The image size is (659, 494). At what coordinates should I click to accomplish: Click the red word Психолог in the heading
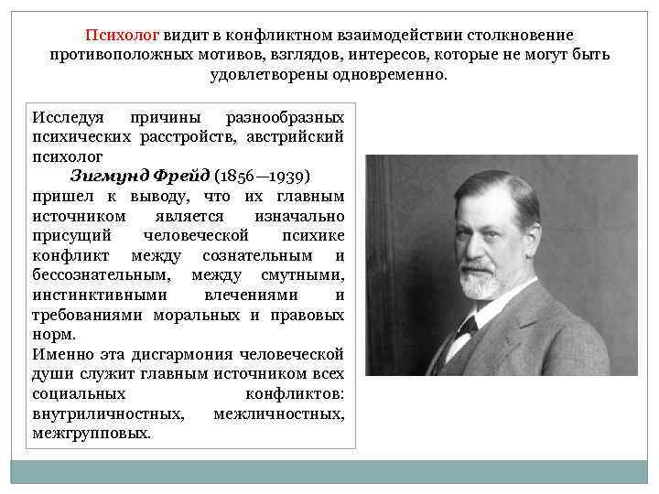point(123,35)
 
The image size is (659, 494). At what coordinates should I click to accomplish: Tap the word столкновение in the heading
point(521,35)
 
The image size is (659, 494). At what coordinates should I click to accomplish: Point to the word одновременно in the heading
point(394,75)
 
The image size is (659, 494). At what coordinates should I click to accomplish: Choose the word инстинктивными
point(100,295)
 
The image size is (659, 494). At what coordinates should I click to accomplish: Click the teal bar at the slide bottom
point(329,472)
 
